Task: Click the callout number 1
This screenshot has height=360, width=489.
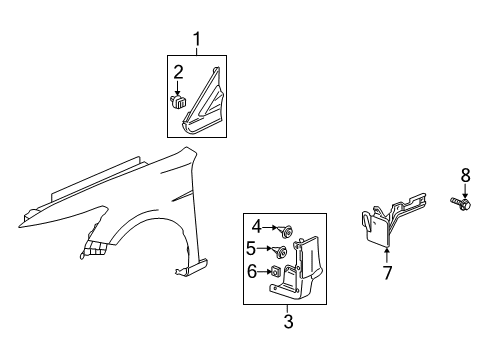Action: pyautogui.click(x=197, y=39)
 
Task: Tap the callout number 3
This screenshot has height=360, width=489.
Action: pyautogui.click(x=288, y=321)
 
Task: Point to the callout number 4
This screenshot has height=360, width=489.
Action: pyautogui.click(x=256, y=226)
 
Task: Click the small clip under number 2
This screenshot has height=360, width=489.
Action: pyautogui.click(x=180, y=99)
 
